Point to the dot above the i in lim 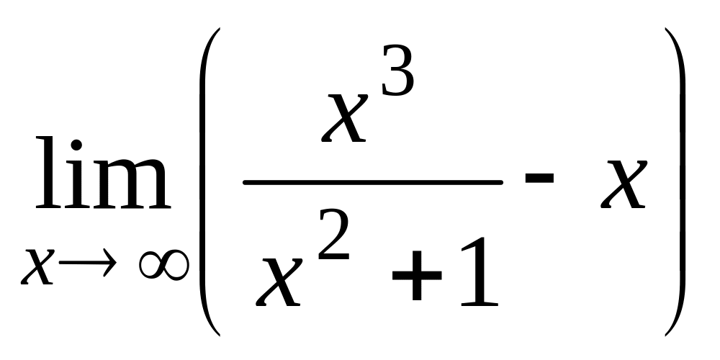coord(75,143)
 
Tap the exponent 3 coord(397,72)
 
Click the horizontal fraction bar coord(372,183)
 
